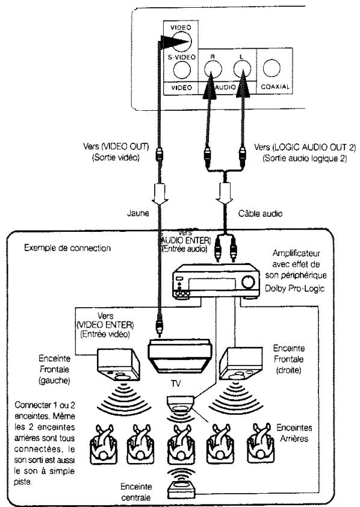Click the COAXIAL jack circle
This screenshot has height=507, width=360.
272,68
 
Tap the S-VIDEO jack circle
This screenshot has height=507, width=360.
182,70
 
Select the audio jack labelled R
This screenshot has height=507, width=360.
213,69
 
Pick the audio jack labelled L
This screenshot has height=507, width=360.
243,69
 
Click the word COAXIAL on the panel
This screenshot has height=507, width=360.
275,87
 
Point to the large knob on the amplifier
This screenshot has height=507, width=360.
248,281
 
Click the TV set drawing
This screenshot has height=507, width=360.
179,355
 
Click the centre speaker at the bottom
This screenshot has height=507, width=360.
181,490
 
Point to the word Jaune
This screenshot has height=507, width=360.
138,213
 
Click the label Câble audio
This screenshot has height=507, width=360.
260,213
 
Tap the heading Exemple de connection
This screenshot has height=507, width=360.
67,248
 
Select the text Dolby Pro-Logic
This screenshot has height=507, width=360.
294,288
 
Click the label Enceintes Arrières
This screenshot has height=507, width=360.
294,433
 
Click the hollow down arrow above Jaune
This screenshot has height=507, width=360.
160,194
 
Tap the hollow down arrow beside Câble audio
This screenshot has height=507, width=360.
225,193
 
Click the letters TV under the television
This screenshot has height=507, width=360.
176,384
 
